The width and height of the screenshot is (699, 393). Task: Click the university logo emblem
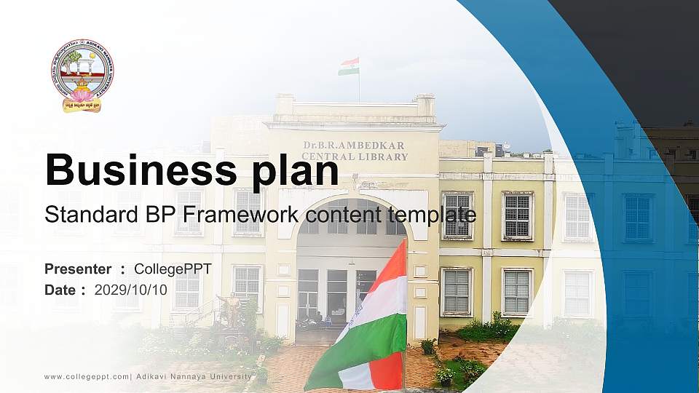click(82, 75)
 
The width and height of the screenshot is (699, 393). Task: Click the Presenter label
click(78, 269)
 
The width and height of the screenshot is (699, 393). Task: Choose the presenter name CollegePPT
click(173, 269)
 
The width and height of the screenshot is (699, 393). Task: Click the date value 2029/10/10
click(130, 290)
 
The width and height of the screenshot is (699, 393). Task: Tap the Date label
click(60, 290)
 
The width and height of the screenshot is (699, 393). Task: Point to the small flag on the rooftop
click(349, 66)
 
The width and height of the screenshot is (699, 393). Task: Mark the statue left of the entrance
click(232, 310)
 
